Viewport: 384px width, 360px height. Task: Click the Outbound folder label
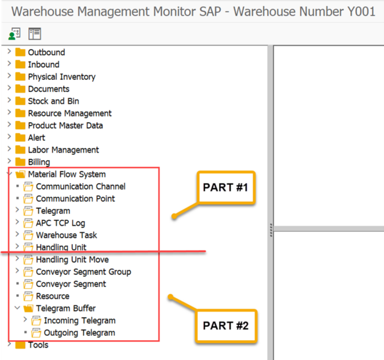coord(46,52)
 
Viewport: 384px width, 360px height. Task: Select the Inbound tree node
coord(43,64)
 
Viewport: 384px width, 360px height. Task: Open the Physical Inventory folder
coord(61,77)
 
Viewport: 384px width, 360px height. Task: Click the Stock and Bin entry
coord(53,101)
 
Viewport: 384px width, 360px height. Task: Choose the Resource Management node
coord(70,113)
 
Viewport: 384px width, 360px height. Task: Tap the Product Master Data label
coord(65,125)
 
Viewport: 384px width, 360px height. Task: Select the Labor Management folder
coord(63,149)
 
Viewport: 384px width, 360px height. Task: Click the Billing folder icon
coord(20,162)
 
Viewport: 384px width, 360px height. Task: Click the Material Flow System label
coord(67,174)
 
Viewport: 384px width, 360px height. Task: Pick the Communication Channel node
coord(80,186)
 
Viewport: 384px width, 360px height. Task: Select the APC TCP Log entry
coord(61,223)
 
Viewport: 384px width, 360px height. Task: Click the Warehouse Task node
coord(66,235)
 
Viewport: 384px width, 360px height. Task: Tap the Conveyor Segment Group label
coord(83,271)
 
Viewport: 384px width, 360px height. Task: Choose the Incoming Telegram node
coord(79,320)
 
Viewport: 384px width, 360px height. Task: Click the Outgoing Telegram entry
coord(79,332)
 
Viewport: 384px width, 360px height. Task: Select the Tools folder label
coord(38,344)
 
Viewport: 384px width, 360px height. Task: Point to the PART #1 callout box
coord(226,187)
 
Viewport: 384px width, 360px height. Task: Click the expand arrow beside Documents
coord(9,89)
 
